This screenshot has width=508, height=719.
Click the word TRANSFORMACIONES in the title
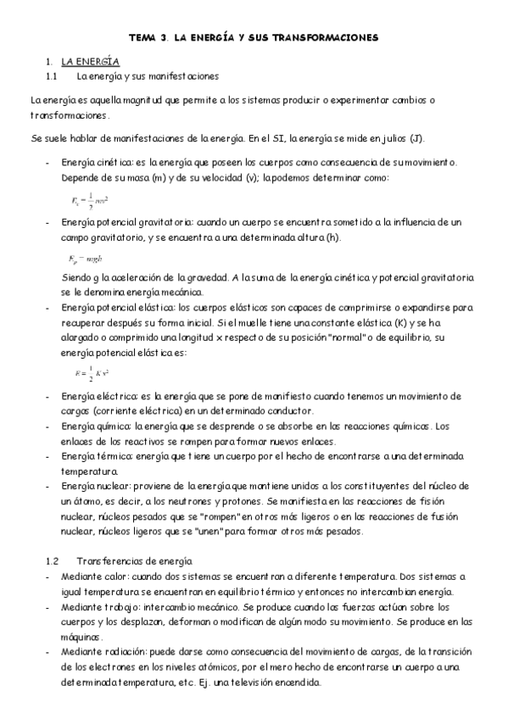point(327,38)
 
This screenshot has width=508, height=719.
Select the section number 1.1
point(51,76)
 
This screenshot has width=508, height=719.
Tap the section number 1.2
point(51,561)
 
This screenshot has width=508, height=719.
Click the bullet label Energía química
point(92,426)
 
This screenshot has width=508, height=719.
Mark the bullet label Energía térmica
point(92,457)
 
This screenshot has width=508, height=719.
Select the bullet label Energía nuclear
point(92,487)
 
